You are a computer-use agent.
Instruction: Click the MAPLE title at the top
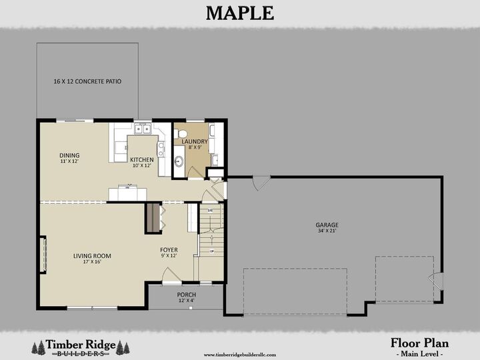point(239,13)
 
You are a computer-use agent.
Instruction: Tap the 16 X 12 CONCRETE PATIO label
point(87,81)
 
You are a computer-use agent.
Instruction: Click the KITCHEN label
point(141,160)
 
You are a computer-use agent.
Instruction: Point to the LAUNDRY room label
point(195,141)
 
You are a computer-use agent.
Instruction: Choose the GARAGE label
point(327,225)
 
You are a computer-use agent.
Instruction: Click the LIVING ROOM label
point(92,255)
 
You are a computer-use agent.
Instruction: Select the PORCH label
point(186,295)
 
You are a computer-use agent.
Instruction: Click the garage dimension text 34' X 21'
point(327,232)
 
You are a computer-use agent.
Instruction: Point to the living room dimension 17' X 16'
point(92,261)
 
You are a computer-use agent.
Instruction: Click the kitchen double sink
point(141,129)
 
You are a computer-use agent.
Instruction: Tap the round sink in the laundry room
point(179,161)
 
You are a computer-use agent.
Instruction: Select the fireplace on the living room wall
point(43,255)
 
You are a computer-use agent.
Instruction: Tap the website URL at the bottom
point(239,355)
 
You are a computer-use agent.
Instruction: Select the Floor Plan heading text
point(419,343)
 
